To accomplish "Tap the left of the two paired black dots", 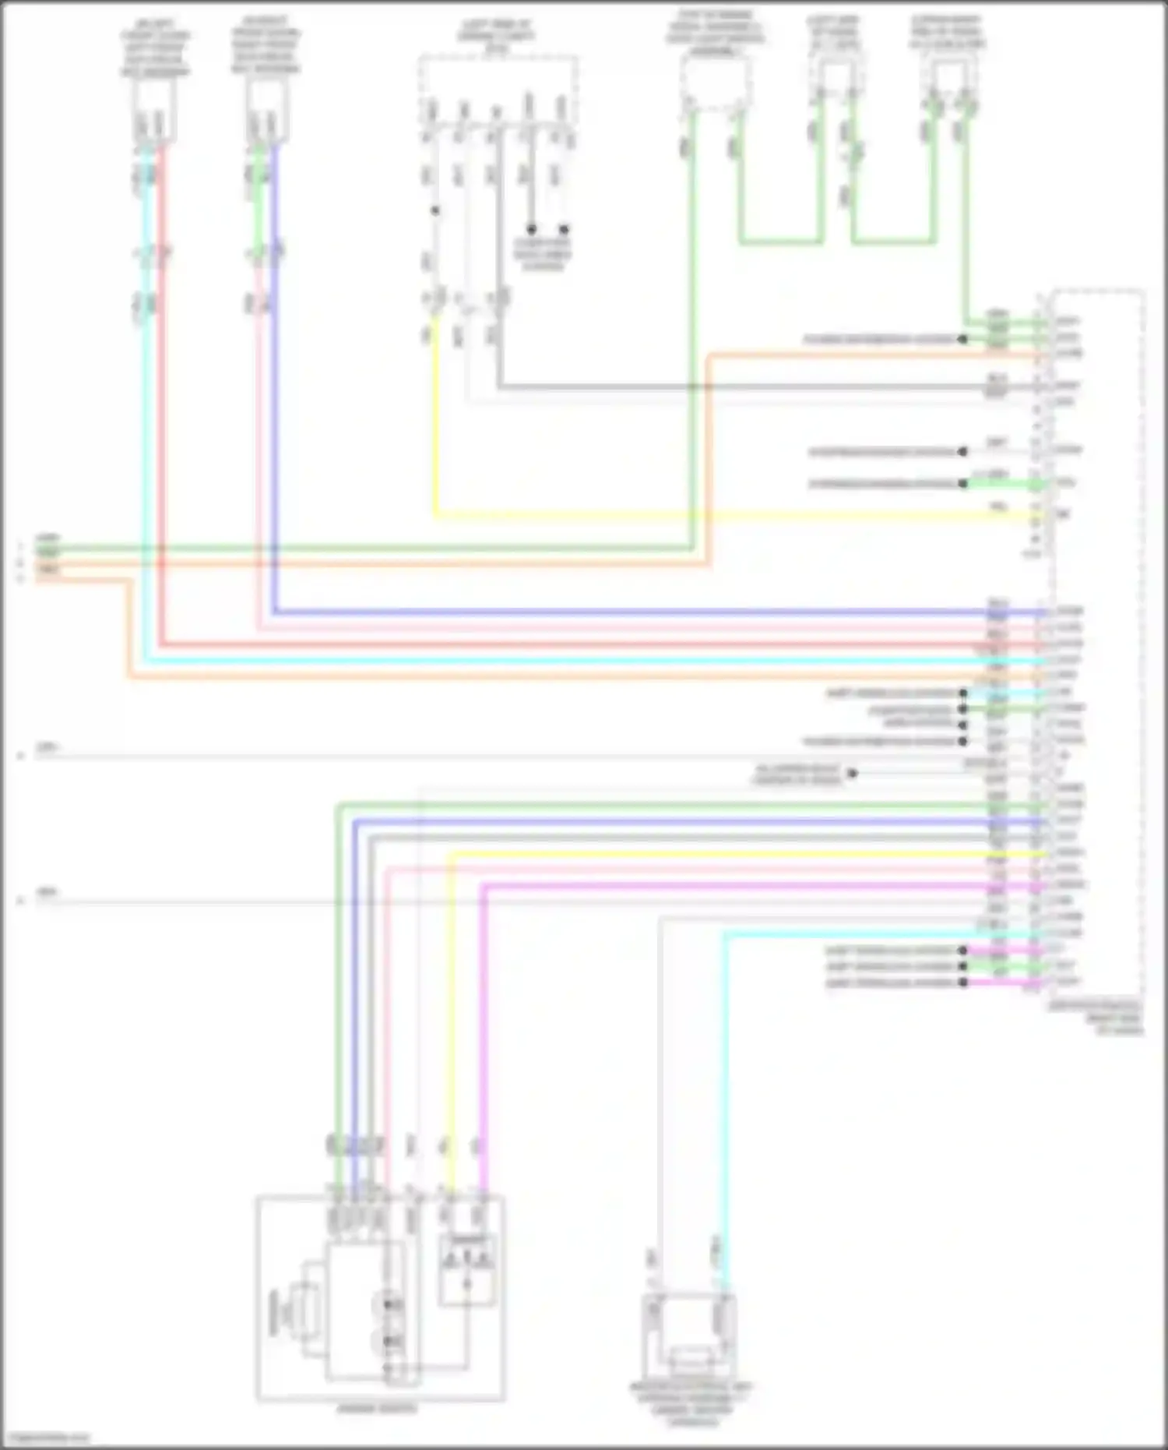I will [x=531, y=229].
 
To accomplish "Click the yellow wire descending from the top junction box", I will [x=434, y=421].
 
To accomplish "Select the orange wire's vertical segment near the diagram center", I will [x=709, y=460].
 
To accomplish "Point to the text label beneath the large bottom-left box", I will [x=377, y=1408].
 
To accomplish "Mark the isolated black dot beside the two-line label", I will [x=853, y=774].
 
